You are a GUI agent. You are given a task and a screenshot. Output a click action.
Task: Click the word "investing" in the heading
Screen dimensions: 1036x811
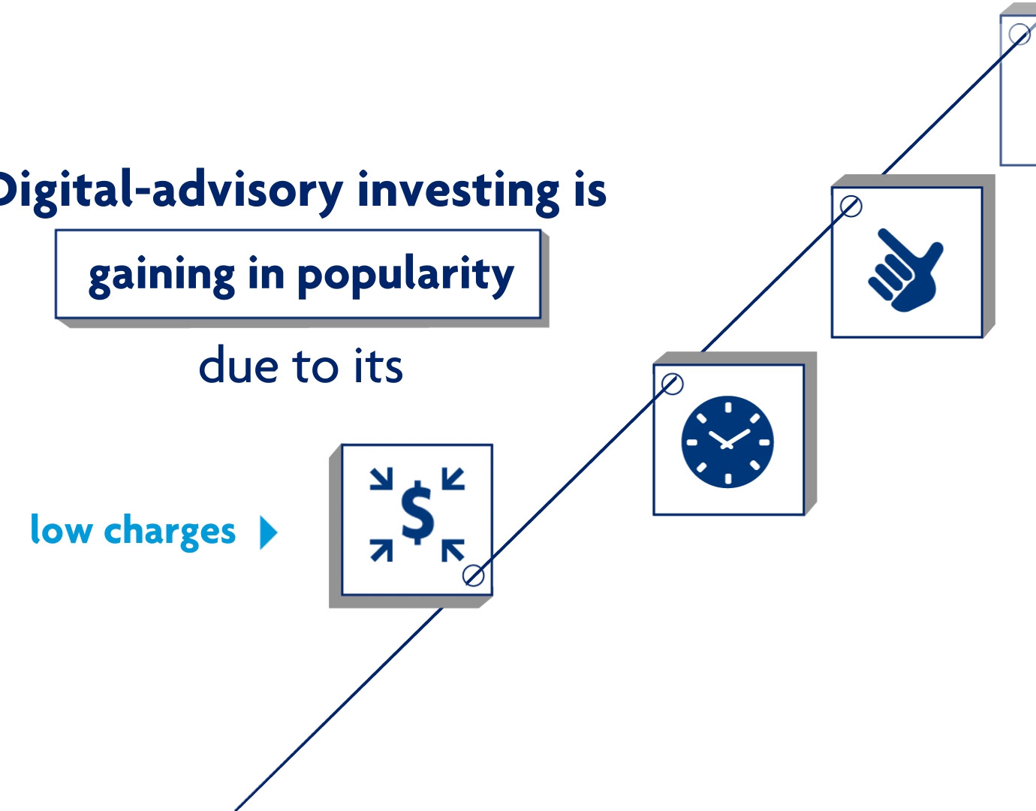(458, 193)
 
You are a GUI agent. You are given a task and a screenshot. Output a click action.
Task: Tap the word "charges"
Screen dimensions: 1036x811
(170, 532)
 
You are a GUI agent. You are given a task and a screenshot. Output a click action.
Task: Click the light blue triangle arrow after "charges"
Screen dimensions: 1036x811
(269, 532)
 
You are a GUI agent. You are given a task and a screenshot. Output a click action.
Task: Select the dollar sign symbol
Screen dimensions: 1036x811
(417, 513)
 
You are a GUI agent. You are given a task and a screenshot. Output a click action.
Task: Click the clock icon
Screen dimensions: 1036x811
(727, 442)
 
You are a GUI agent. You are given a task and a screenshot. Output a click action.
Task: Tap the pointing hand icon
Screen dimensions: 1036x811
(905, 270)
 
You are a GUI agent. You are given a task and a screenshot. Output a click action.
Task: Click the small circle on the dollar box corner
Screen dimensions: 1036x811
(474, 575)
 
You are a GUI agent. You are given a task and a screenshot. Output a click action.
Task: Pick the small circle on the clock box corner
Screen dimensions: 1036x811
(672, 384)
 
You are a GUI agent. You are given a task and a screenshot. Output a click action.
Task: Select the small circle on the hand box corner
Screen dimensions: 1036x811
(851, 207)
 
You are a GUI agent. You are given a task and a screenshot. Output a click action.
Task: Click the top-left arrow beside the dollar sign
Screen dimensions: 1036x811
(381, 478)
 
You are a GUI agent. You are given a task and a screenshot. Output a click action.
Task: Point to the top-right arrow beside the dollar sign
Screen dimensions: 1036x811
(453, 478)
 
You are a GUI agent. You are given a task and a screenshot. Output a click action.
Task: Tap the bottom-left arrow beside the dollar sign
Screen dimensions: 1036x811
(381, 550)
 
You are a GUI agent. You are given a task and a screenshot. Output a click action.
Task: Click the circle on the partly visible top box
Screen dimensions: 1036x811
(1019, 35)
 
